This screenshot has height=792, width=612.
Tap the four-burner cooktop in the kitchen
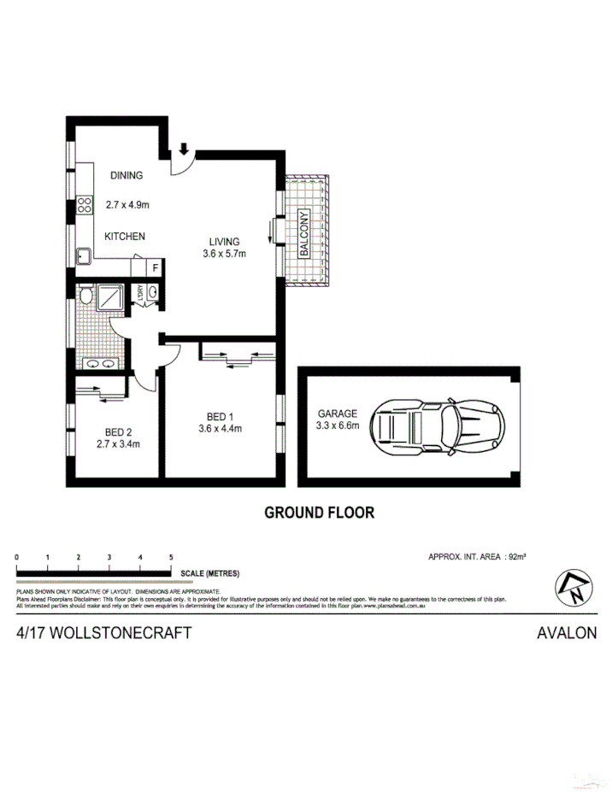85,205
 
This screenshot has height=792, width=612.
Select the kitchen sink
84,255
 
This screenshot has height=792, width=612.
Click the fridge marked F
155,267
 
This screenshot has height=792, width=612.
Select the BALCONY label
303,234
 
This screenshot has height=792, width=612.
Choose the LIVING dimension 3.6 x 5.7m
224,254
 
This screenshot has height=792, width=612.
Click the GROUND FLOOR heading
319,513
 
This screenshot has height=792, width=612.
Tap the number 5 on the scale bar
172,557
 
